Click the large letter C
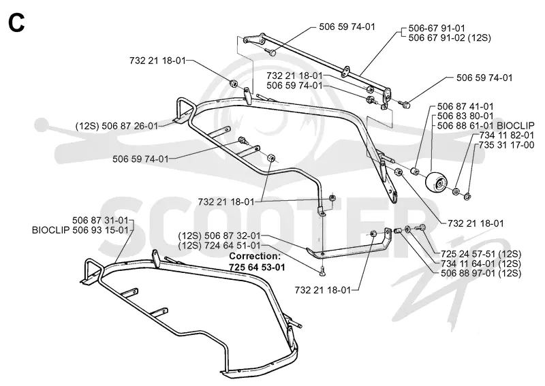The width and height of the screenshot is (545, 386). coord(16,23)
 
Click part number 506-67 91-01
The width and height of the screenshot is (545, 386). coord(436,28)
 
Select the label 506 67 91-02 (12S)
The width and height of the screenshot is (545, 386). coord(450,37)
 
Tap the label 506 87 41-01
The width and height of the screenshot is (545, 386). coord(465,106)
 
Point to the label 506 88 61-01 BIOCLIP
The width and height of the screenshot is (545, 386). coord(486,125)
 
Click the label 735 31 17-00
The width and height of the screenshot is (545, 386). coord(506,145)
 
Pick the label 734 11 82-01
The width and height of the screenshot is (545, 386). coord(506,135)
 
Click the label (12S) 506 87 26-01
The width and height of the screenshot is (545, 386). coord(116,126)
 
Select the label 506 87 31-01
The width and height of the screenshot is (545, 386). coord(100,221)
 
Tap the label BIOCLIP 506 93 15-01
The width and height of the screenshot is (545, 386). coord(80,230)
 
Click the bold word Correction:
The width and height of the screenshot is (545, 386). coord(255,257)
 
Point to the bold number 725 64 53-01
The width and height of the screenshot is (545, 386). coord(257,267)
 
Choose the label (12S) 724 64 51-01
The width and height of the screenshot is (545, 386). coord(219,245)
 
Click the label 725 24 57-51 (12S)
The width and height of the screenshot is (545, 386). coord(481,254)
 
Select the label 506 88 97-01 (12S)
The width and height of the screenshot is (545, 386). coord(481,273)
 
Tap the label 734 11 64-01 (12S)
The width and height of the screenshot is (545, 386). coord(481,263)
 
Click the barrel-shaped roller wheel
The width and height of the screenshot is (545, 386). coord(436,182)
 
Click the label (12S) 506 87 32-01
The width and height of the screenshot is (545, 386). coord(219,236)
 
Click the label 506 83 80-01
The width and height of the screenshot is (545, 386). coord(465,116)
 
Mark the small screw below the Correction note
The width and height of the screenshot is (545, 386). coord(322,271)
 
